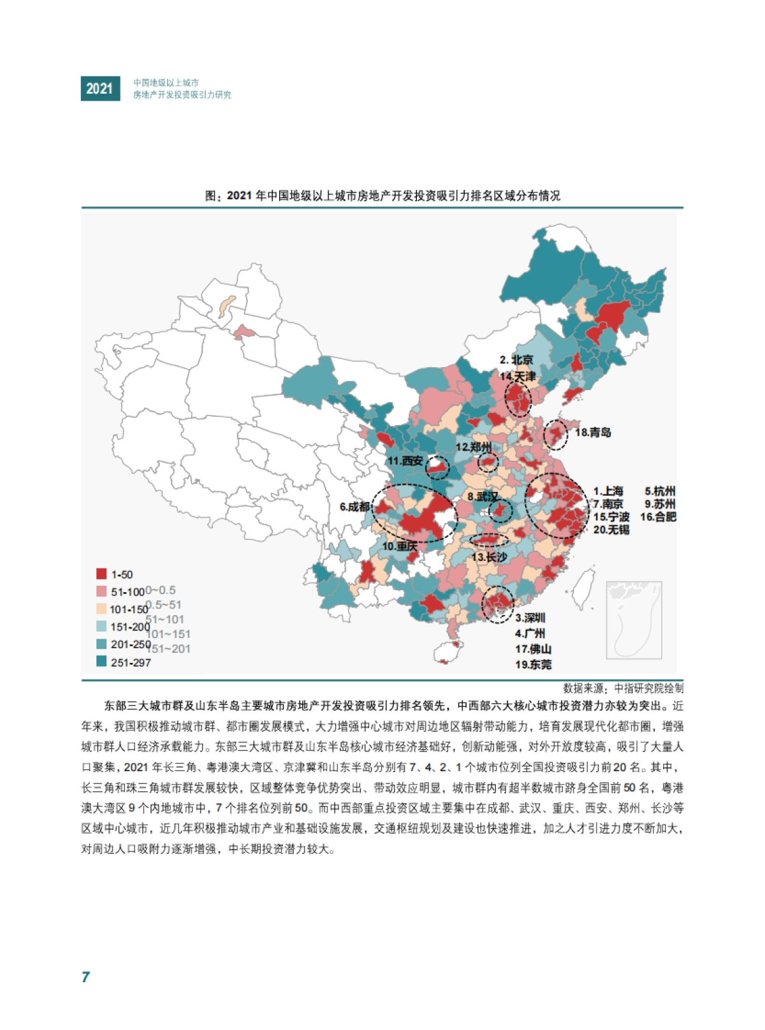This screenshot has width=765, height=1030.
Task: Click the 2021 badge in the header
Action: pyautogui.click(x=100, y=89)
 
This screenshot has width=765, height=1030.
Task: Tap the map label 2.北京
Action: pyautogui.click(x=516, y=360)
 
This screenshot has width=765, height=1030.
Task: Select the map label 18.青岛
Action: pyautogui.click(x=593, y=432)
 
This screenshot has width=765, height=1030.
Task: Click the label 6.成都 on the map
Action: pyautogui.click(x=354, y=507)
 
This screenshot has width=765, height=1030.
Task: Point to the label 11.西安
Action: pyautogui.click(x=405, y=461)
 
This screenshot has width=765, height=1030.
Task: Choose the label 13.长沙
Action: pyautogui.click(x=489, y=557)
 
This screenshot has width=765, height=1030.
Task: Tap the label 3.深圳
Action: pyautogui.click(x=530, y=618)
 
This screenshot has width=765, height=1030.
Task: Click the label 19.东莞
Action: pyautogui.click(x=533, y=665)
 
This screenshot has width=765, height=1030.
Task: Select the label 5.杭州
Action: pyautogui.click(x=659, y=491)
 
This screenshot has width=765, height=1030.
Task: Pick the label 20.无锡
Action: pyautogui.click(x=611, y=530)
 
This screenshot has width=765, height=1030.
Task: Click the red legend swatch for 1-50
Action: pyautogui.click(x=101, y=574)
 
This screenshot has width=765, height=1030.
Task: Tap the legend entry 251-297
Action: pyautogui.click(x=130, y=662)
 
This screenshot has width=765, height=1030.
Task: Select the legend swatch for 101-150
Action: pyautogui.click(x=101, y=609)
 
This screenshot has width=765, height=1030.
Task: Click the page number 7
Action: pyautogui.click(x=85, y=977)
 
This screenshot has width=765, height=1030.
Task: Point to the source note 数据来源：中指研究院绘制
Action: pyautogui.click(x=623, y=688)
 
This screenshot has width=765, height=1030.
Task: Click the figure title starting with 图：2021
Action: pyautogui.click(x=382, y=196)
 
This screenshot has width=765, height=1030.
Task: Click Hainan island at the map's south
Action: pyautogui.click(x=447, y=652)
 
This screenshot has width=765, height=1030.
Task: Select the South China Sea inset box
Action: pyautogui.click(x=634, y=620)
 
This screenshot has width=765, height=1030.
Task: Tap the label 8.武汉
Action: pyautogui.click(x=483, y=497)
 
